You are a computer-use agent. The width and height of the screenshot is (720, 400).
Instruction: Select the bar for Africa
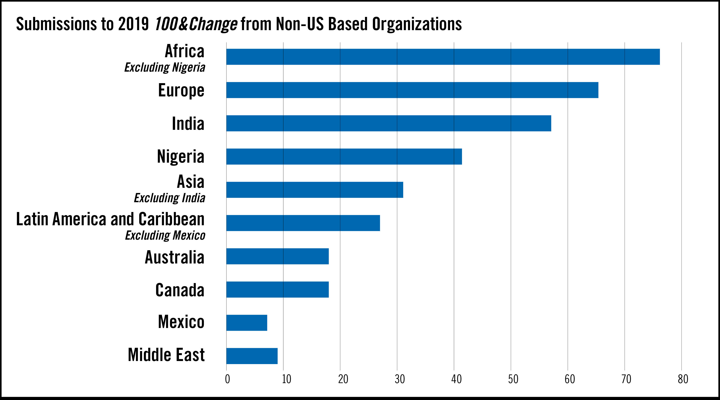point(443,57)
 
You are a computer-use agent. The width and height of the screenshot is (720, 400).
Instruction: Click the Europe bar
point(412,90)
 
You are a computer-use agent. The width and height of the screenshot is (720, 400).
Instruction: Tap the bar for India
point(388,123)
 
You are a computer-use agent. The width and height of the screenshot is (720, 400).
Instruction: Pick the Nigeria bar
point(344,157)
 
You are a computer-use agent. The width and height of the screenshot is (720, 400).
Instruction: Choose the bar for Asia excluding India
point(315,190)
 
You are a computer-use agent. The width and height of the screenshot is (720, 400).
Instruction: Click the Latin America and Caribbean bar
point(303,223)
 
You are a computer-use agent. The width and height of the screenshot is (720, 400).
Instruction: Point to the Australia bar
point(278,256)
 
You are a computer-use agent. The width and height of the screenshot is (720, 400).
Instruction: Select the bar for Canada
point(278,290)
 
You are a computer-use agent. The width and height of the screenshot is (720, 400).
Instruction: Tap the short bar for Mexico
point(247,323)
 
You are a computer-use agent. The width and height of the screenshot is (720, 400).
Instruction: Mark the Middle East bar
point(252,356)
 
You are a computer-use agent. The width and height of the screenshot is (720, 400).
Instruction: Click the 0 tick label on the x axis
point(228,379)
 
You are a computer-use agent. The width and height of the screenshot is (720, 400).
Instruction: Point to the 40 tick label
point(456,379)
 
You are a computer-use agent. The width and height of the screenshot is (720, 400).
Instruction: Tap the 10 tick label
point(286,379)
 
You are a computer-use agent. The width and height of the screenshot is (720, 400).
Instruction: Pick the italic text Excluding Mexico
point(165,235)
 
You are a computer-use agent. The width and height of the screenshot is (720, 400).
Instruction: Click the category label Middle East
point(166,355)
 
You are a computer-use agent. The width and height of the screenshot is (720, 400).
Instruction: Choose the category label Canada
point(180,290)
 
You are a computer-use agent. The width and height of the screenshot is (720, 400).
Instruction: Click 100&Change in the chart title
point(196,24)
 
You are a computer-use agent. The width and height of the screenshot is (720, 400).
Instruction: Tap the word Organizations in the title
point(417,24)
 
